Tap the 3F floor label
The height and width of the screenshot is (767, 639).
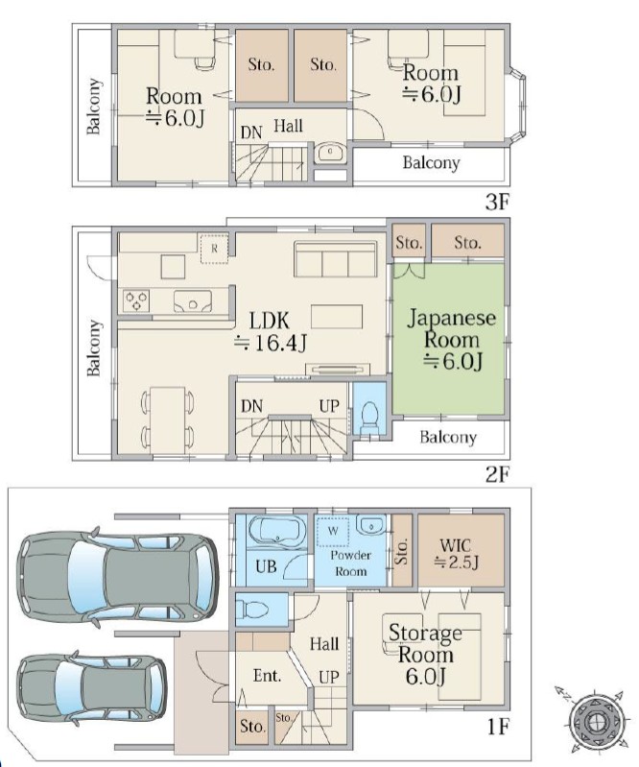[498, 202]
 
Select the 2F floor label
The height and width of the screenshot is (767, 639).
[498, 474]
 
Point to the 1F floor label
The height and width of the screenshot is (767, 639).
[498, 727]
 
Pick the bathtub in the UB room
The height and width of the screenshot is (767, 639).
[277, 531]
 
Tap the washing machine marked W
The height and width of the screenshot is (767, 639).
[333, 532]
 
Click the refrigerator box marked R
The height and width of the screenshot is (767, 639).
[214, 249]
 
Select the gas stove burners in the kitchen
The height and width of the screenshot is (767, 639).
[136, 300]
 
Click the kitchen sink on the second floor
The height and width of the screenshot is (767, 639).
[193, 301]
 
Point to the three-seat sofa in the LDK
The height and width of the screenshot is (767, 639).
[336, 259]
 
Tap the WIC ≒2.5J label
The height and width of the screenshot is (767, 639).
[456, 553]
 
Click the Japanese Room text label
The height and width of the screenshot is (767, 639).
[452, 328]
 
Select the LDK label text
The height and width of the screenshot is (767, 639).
[270, 321]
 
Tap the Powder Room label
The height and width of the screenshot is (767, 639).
[350, 563]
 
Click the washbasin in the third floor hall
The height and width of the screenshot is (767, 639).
[330, 153]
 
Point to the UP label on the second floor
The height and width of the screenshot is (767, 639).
[329, 406]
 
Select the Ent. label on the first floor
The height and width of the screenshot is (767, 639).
[267, 676]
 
